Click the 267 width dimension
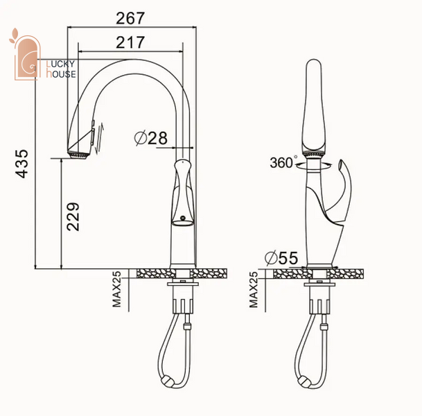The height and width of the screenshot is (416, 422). pyautogui.click(x=130, y=18)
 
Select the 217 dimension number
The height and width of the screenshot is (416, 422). pyautogui.click(x=130, y=42)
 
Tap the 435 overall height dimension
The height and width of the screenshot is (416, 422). pyautogui.click(x=21, y=164)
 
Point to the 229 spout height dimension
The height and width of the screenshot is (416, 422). pyautogui.click(x=73, y=217)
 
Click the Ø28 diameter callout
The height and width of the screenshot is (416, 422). pyautogui.click(x=151, y=138)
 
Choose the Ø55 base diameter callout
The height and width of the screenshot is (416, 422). pyautogui.click(x=281, y=258)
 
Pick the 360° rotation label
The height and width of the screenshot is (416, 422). pyautogui.click(x=283, y=162)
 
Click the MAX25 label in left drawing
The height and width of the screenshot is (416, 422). pyautogui.click(x=117, y=289)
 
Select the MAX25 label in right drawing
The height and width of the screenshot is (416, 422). pyautogui.click(x=254, y=289)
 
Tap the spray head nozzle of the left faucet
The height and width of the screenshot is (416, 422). pyautogui.click(x=78, y=156)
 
